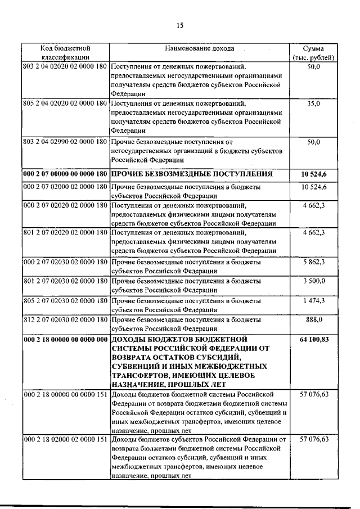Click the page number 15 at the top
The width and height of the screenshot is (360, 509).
[x=180, y=25]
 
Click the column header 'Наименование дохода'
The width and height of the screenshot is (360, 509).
[x=200, y=48]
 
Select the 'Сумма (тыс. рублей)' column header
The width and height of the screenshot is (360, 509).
[x=314, y=53]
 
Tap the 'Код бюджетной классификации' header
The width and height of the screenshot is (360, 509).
[x=65, y=53]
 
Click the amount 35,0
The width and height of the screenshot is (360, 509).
[x=314, y=104]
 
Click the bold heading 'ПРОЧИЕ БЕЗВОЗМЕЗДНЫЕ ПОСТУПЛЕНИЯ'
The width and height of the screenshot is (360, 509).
[x=192, y=173]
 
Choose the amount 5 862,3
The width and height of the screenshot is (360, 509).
[x=314, y=262]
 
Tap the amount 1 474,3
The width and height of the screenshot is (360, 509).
[x=314, y=301]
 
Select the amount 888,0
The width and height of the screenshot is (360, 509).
[x=314, y=320]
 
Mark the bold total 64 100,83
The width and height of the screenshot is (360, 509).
[x=314, y=339]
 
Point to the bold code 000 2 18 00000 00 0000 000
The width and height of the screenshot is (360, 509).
[x=65, y=339]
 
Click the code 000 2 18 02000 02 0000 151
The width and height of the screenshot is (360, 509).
[x=65, y=439]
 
